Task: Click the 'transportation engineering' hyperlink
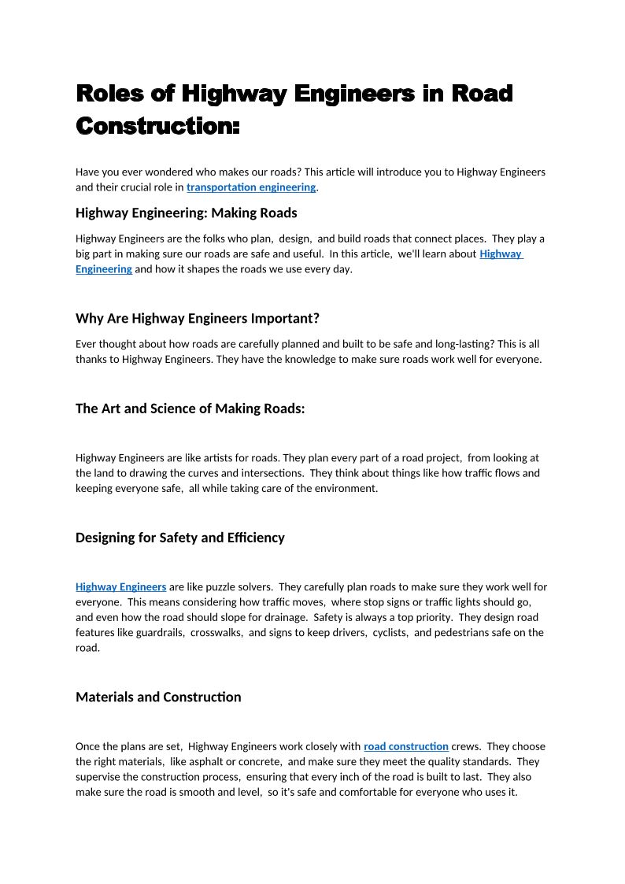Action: [251, 187]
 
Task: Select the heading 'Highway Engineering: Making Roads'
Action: [186, 213]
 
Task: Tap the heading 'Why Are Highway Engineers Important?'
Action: [197, 319]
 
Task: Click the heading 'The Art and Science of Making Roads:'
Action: [190, 409]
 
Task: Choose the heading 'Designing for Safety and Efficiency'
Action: [179, 538]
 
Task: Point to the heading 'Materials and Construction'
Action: [158, 697]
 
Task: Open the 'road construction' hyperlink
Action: [405, 746]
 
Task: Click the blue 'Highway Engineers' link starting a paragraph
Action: [120, 586]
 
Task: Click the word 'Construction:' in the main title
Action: [157, 125]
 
